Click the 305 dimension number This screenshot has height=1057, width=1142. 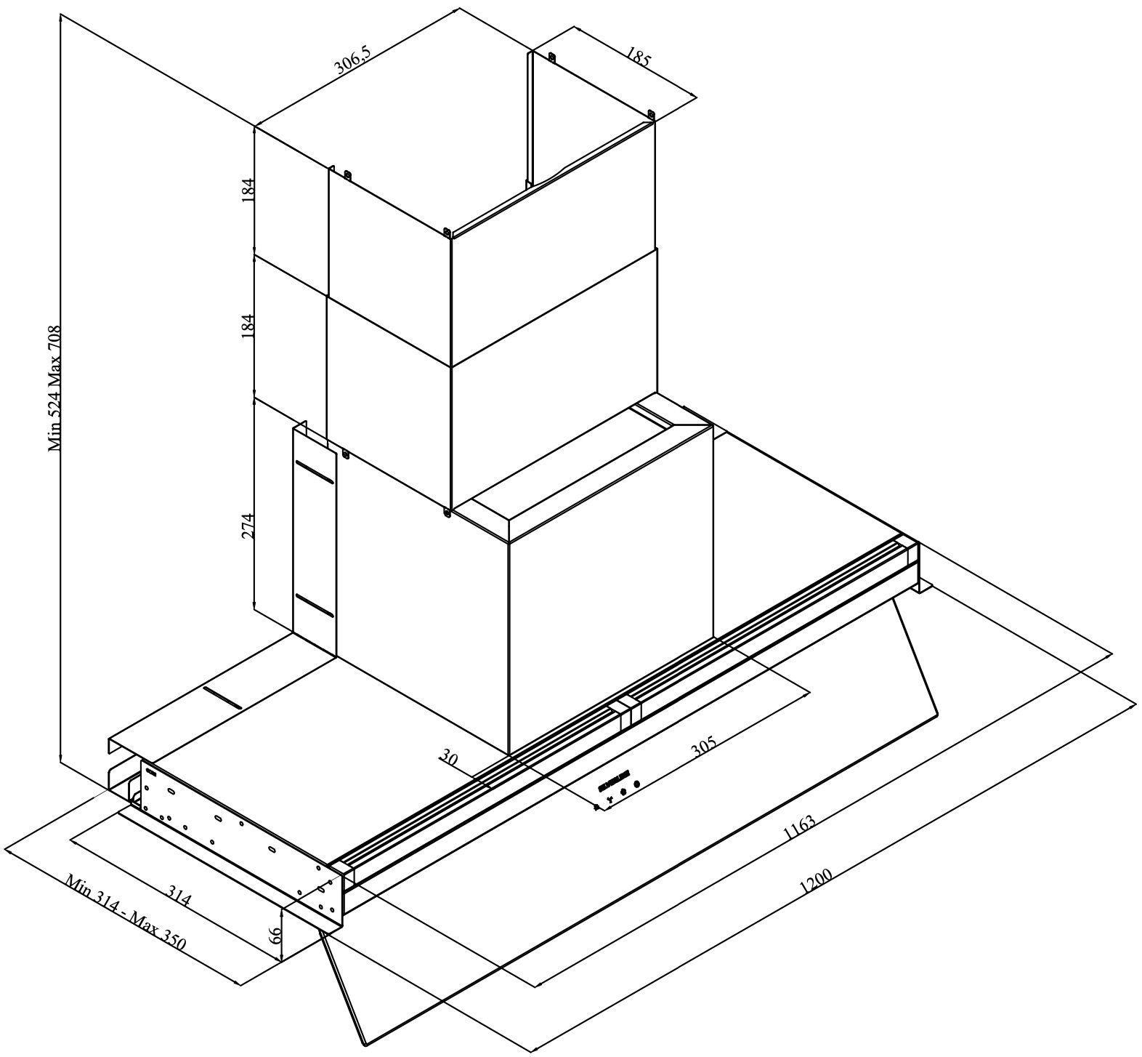pyautogui.click(x=703, y=747)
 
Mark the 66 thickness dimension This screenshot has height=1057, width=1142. pyautogui.click(x=275, y=935)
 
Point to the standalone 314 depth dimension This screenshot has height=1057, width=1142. pyautogui.click(x=179, y=896)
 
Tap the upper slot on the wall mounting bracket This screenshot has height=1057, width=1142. pyautogui.click(x=315, y=473)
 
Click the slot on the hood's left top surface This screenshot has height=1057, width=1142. pyautogui.click(x=222, y=697)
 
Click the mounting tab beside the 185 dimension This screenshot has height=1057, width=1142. pyautogui.click(x=651, y=114)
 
